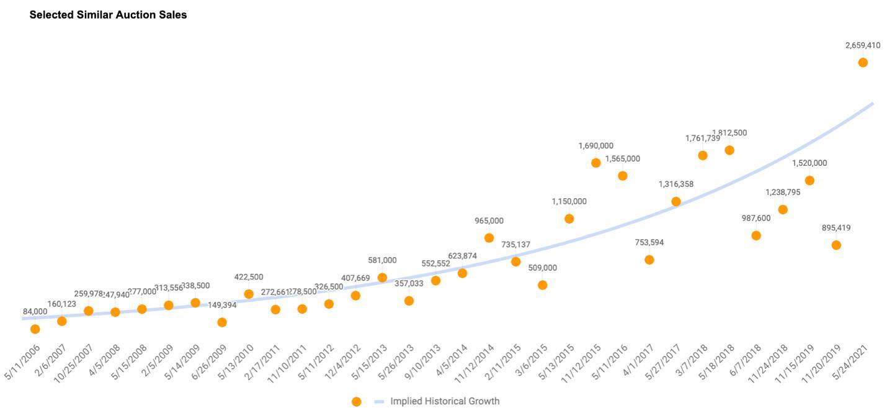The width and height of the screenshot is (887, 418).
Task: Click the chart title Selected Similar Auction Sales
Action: pos(108,15)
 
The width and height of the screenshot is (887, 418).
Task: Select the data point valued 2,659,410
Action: pos(862,63)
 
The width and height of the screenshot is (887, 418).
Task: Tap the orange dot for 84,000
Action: pos(35,329)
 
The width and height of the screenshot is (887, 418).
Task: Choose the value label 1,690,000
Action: pos(595,146)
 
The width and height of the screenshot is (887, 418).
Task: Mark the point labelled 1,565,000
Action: pos(623,176)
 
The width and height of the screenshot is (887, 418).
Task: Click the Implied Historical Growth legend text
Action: pos(444,401)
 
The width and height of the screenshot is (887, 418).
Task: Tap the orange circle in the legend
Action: pos(356,402)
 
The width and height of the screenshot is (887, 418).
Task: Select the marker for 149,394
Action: pos(222,322)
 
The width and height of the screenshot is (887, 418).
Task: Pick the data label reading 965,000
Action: pos(489,220)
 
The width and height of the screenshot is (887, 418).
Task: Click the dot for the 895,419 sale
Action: pos(836,245)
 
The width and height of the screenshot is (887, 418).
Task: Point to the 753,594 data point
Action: pos(649,260)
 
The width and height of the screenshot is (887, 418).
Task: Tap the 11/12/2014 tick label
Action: pos(478,363)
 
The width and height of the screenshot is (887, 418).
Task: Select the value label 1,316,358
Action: pos(676,184)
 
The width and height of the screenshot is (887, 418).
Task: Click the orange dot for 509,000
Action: pos(543,285)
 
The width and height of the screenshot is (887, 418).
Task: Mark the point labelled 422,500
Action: pos(249,294)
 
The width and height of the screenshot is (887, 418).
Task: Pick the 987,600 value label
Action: pos(756,218)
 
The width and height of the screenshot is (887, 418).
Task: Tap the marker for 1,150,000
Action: pos(569,219)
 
